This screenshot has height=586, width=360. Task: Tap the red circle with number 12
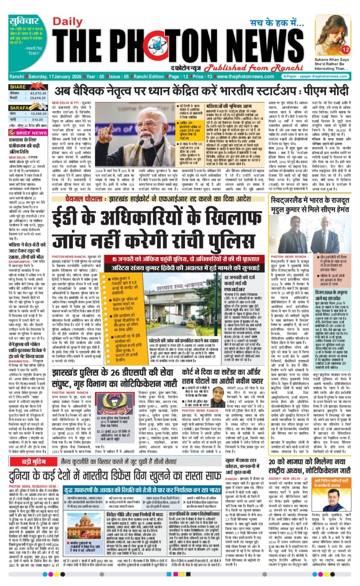pos(345,50)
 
